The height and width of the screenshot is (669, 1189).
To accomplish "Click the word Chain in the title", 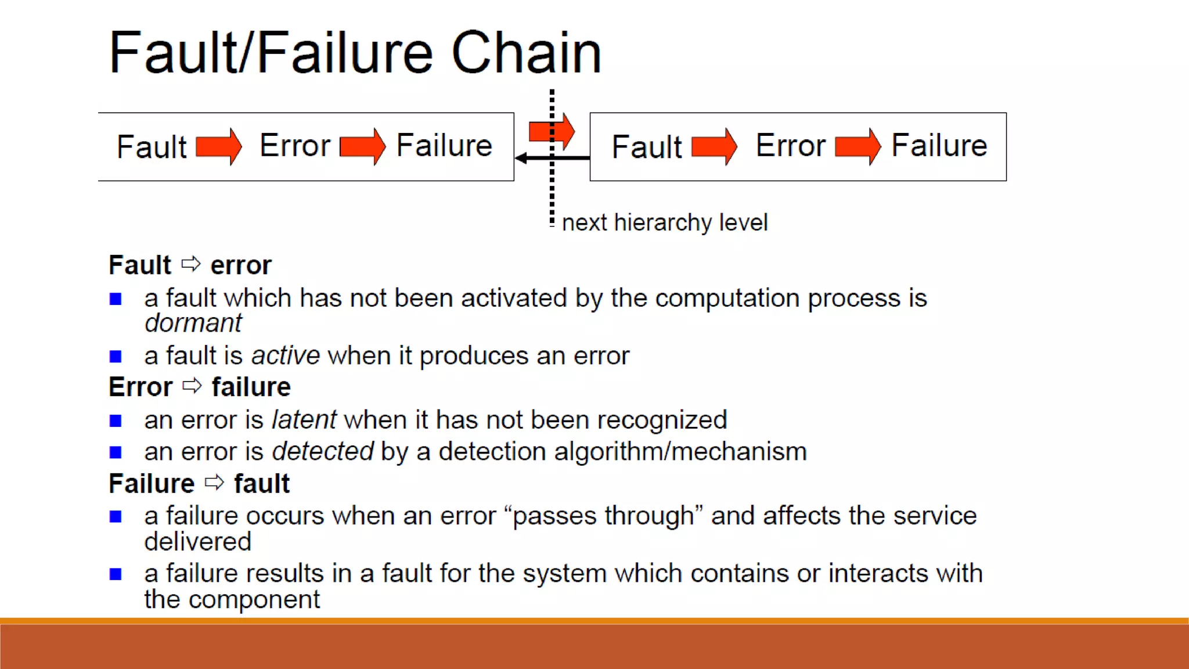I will coord(526,53).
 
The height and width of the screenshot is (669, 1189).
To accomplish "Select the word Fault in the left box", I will coord(152,146).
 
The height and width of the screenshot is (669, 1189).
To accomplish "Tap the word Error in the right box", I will coord(790,145).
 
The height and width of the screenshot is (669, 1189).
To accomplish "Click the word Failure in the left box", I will coord(444,145).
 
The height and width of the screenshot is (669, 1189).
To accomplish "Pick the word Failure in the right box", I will coord(939,145).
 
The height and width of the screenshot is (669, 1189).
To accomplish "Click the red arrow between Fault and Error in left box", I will coord(218,146).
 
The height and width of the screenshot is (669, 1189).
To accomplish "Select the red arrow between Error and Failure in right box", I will coord(857,146).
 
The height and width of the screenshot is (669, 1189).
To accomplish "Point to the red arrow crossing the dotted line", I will coord(552,131).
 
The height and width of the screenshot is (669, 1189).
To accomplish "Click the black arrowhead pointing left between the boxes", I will coord(521,158).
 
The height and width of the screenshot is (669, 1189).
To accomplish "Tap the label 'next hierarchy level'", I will coord(665,222).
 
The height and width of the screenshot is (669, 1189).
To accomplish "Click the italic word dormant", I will coord(193,323).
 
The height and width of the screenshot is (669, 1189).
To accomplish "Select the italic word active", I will coord(285,355).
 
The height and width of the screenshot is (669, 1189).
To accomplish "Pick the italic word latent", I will coord(304,419).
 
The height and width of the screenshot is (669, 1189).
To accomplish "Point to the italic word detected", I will coord(322,451).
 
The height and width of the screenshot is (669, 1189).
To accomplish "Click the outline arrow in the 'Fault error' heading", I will coord(191,264).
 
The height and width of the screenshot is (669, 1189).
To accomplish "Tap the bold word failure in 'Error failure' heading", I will coord(251,387).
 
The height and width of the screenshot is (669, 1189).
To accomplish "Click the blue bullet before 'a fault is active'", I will coord(116,356).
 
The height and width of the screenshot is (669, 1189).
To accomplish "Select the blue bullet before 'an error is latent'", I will coord(116,420).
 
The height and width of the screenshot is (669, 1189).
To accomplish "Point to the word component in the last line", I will coord(254,599).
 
